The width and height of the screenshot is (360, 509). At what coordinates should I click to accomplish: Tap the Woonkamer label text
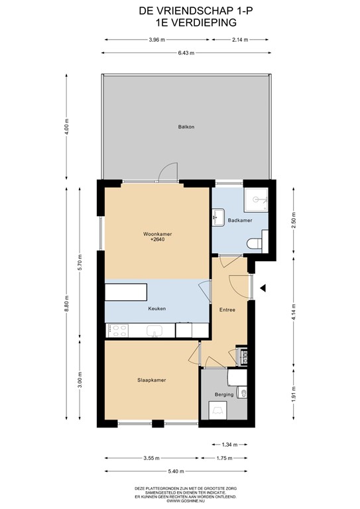[x=156, y=234]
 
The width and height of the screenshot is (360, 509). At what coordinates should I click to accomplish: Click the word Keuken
[x=157, y=308]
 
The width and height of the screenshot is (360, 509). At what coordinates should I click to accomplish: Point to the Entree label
[x=227, y=309]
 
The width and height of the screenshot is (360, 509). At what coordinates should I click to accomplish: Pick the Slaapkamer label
[x=151, y=380]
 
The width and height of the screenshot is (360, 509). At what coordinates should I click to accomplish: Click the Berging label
[x=224, y=394]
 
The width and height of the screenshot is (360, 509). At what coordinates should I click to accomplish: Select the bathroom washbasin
[x=219, y=215]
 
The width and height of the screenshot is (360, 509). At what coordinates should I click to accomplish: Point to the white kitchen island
[x=127, y=292]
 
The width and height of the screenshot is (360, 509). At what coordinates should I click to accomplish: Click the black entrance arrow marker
[x=263, y=288]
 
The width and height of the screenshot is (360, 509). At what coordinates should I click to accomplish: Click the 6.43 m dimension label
[x=185, y=53]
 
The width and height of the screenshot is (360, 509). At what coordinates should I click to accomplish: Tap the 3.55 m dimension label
[x=151, y=458]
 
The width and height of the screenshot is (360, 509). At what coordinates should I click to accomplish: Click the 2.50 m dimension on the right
[x=294, y=220]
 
